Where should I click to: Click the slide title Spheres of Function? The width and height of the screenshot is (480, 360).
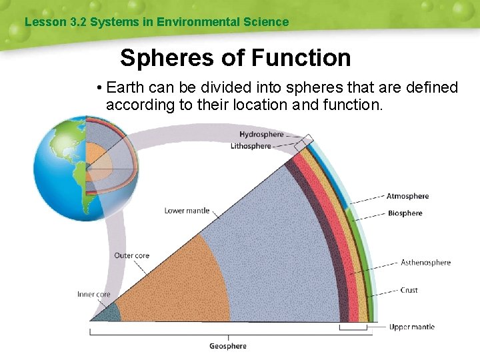[235, 58]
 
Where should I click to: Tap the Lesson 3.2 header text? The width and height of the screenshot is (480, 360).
[156, 22]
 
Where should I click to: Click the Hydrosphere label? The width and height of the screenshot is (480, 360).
[261, 135]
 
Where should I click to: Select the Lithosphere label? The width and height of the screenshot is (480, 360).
[251, 146]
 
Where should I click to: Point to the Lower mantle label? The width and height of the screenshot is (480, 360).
[187, 211]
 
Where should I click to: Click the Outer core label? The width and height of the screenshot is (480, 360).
[131, 255]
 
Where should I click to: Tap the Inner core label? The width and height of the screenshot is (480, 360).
[94, 294]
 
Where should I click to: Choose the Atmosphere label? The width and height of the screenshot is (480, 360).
[407, 196]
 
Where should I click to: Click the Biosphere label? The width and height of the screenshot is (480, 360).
[405, 213]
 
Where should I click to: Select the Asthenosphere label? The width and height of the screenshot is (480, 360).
[425, 263]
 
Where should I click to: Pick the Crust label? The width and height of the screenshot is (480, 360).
[409, 290]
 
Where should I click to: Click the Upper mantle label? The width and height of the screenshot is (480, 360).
[411, 327]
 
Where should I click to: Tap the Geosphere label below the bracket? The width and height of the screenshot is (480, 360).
[228, 346]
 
